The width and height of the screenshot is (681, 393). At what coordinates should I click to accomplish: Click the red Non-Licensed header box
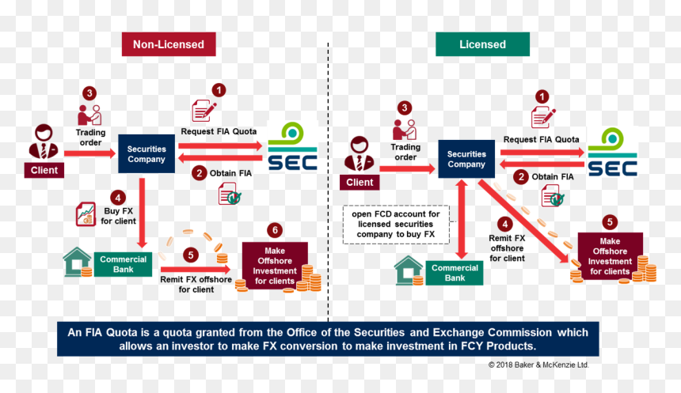coord(169,44)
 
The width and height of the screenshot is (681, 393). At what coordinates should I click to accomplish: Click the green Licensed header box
coord(482,44)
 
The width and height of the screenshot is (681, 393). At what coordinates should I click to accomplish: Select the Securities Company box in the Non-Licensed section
coord(146,154)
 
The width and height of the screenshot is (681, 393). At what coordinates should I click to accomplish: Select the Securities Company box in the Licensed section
coord(466,159)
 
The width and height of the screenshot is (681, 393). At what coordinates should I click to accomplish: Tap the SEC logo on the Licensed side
coord(612,152)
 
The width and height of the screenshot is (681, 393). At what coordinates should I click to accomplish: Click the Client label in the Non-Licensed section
coord(44,170)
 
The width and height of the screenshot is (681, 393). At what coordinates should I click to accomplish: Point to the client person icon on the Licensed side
coord(360,154)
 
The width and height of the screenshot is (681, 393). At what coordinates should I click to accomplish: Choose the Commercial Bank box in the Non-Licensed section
coord(124,264)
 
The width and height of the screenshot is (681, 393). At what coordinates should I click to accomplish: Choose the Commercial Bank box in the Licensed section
coord(455,273)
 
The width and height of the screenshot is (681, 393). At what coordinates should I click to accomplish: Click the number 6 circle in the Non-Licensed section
coord(275,230)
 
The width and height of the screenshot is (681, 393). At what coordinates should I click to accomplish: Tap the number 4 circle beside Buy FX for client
coord(118,198)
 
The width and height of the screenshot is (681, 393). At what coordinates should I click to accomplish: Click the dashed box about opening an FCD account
coord(396,225)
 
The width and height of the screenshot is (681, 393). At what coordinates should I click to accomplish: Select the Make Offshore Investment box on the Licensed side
coord(611,256)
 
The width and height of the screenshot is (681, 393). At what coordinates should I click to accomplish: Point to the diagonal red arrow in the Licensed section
coord(523,221)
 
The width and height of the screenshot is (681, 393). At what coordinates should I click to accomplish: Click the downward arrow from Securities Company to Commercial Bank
coord(142,213)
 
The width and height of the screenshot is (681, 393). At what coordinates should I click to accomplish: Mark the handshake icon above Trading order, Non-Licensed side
coord(89,115)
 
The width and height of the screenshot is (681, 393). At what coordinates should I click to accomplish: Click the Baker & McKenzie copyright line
coord(538,365)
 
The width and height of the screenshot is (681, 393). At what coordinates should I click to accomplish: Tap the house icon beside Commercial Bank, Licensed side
coord(409,270)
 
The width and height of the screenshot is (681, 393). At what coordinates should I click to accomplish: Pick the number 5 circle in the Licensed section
coord(610,222)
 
